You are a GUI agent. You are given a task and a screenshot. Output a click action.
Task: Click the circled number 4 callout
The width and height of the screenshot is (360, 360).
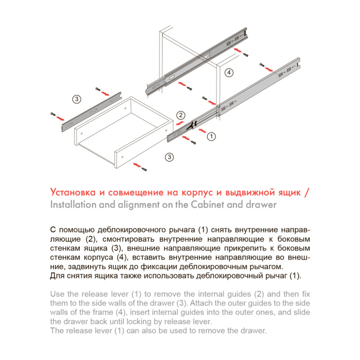[229, 73]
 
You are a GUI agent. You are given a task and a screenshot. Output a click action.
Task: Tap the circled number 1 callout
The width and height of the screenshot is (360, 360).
[211, 136]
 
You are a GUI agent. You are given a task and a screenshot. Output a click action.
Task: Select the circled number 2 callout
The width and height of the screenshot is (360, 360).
[181, 115]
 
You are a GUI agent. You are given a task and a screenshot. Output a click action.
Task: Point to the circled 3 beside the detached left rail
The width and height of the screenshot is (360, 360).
[76, 98]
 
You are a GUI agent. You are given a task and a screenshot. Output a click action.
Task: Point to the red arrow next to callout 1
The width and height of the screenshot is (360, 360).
[198, 135]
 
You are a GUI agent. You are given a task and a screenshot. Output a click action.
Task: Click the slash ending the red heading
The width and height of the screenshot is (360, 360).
[307, 192]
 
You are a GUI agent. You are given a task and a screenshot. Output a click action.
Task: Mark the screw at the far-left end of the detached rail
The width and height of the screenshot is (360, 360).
[52, 114]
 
